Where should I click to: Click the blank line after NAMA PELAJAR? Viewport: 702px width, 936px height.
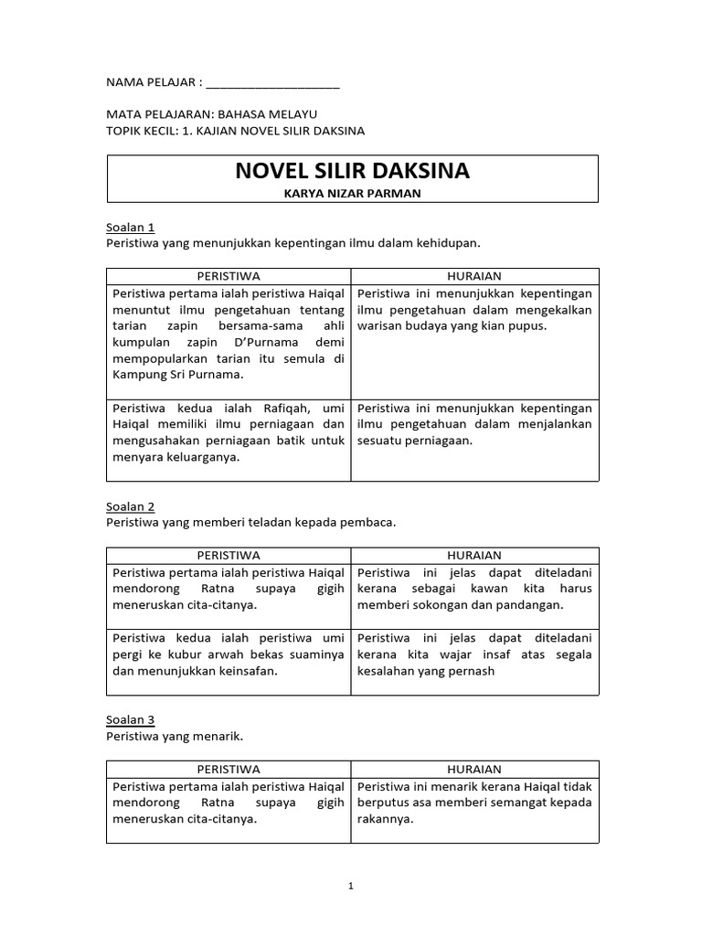point(272,83)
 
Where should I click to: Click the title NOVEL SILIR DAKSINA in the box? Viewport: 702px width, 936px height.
point(353,172)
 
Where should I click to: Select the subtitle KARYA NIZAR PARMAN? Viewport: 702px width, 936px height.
point(353,193)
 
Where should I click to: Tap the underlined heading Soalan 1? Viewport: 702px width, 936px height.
point(131,227)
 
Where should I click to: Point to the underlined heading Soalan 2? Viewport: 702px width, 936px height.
point(131,506)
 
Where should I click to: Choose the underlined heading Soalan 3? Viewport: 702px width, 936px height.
point(131,719)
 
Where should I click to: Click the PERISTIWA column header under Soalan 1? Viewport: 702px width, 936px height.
point(229,276)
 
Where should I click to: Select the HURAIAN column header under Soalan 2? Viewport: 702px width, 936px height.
point(474,555)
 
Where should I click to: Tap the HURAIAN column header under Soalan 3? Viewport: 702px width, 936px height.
point(474,769)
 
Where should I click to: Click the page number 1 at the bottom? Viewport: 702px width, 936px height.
point(352,886)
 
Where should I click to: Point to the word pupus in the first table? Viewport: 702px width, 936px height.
point(530,325)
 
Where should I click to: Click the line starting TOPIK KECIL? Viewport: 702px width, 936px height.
point(235,131)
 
